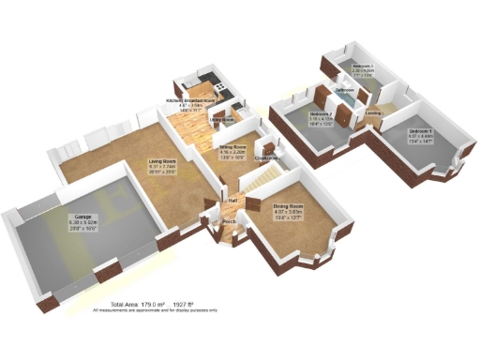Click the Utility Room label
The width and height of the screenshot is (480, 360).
click(222, 120)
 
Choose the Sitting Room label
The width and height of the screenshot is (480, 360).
click(232, 147)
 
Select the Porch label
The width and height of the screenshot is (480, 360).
click(228, 221)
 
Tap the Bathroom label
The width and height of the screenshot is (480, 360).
click(344, 91)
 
